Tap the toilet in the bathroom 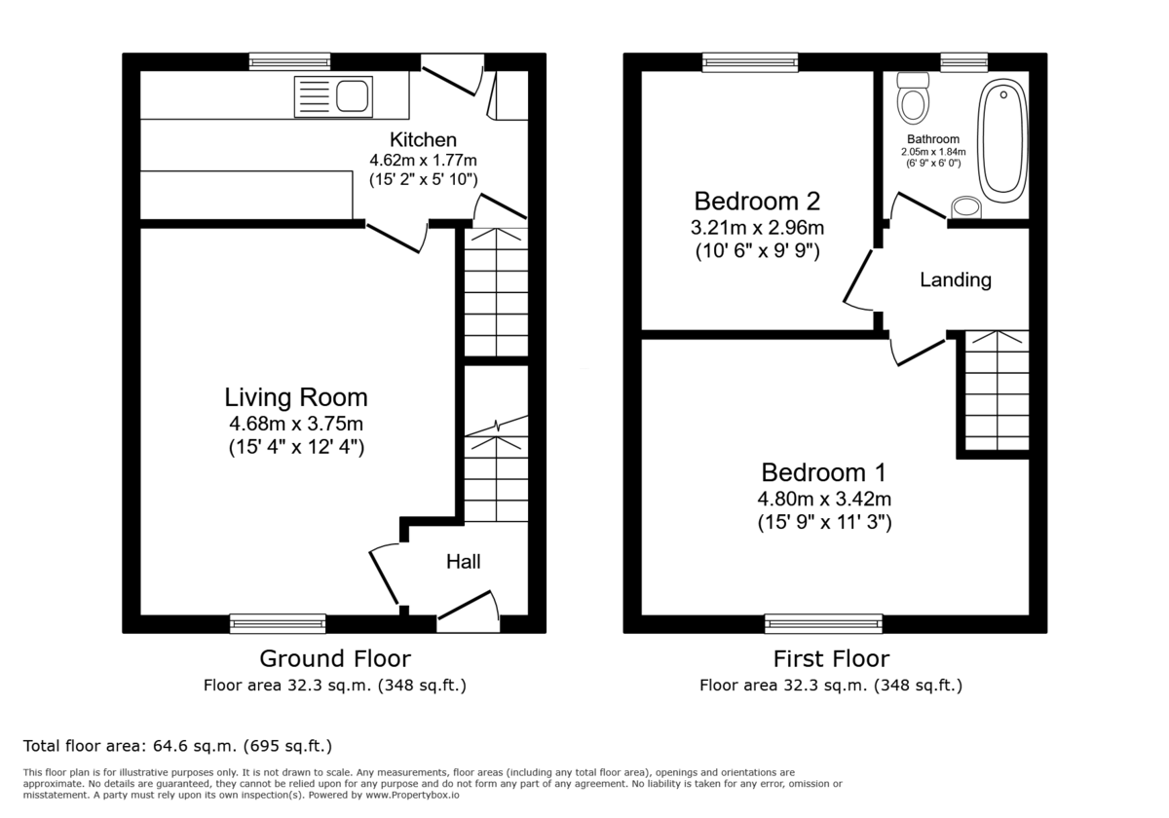pyautogui.click(x=913, y=98)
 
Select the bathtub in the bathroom pyautogui.click(x=1002, y=139)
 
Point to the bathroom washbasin pyautogui.click(x=965, y=206)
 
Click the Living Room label pyautogui.click(x=296, y=397)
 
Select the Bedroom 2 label pyautogui.click(x=756, y=202)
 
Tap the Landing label pyautogui.click(x=955, y=280)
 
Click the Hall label pyautogui.click(x=463, y=562)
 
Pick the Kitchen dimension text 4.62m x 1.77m pyautogui.click(x=423, y=161)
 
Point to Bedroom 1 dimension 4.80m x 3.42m pyautogui.click(x=824, y=499)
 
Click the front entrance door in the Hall pyautogui.click(x=468, y=607)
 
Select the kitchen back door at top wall pyautogui.click(x=454, y=75)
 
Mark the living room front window pyautogui.click(x=278, y=623)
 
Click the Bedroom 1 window pyautogui.click(x=823, y=623)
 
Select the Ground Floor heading pyautogui.click(x=334, y=659)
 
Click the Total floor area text pyautogui.click(x=177, y=747)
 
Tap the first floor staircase pyautogui.click(x=997, y=390)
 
